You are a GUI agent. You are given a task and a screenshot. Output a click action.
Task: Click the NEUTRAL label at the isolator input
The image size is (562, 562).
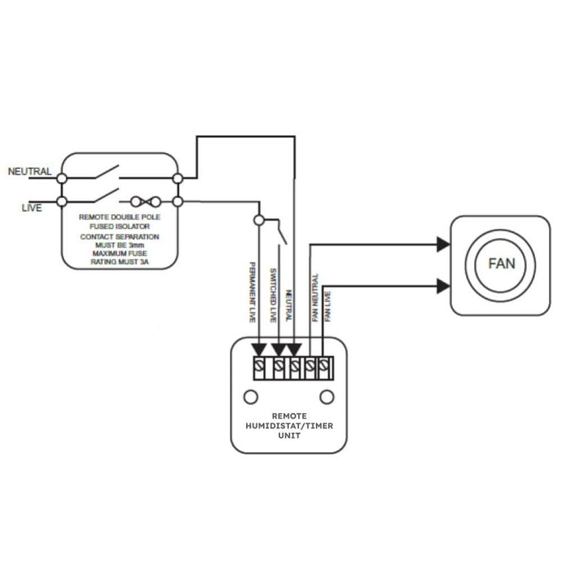[x=30, y=171]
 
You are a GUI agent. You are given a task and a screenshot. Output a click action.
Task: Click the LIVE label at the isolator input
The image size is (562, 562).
[x=31, y=208]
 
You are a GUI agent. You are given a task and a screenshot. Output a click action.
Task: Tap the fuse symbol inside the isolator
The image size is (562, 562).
[x=146, y=201]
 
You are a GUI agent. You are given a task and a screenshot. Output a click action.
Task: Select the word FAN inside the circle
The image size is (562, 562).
[x=501, y=263]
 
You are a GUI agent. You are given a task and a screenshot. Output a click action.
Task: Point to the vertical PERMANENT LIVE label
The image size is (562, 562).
[x=252, y=292]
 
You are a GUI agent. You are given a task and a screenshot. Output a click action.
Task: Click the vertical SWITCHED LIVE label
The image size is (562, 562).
[x=273, y=295]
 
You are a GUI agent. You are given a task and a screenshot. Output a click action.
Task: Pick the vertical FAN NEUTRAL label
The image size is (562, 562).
[x=315, y=297]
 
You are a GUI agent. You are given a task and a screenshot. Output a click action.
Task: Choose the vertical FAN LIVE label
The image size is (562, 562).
[x=328, y=306]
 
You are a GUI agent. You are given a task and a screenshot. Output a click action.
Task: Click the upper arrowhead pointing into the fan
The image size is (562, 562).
[x=443, y=244]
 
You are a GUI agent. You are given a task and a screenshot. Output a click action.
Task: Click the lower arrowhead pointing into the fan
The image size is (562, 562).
[x=443, y=286]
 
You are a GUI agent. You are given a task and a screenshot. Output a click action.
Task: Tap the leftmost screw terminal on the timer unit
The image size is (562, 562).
[x=259, y=368]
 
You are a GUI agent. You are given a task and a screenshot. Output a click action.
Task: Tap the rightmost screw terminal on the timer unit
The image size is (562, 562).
[x=323, y=368]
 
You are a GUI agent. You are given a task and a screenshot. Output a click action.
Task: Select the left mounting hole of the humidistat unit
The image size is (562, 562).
[x=251, y=397]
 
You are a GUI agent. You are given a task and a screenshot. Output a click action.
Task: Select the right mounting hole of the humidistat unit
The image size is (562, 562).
[x=327, y=397]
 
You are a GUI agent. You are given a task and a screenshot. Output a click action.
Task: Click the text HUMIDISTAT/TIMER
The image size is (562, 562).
[x=289, y=426]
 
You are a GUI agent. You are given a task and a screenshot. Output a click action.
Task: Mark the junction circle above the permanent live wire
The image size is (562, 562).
[x=259, y=220]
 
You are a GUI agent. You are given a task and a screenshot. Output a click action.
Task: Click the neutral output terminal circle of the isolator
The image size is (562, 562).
[x=178, y=178]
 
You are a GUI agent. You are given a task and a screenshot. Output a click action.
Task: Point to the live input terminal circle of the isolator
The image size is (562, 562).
[x=62, y=201]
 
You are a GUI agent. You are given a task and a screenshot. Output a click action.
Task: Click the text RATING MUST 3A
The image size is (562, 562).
[x=119, y=261]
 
